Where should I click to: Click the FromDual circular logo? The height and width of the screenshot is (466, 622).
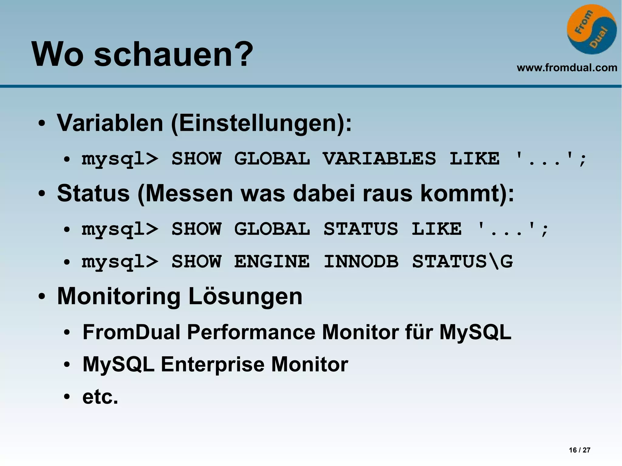tap(592, 29)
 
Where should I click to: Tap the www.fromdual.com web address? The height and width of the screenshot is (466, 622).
tap(567, 67)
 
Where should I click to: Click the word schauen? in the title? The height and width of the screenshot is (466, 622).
tap(173, 55)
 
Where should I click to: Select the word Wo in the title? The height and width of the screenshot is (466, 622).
tap(57, 55)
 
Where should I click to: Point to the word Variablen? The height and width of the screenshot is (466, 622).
tap(110, 123)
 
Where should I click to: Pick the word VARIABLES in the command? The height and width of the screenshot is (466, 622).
tap(379, 158)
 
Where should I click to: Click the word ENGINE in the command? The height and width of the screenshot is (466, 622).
tap(272, 261)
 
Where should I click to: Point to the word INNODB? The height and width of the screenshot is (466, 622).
tap(361, 261)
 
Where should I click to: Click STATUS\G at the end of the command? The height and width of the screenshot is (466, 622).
tap(462, 261)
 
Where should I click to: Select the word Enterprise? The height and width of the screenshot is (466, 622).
tap(212, 364)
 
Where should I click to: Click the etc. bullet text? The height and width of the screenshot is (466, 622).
tap(100, 396)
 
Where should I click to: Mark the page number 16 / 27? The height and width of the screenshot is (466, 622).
tap(579, 450)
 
